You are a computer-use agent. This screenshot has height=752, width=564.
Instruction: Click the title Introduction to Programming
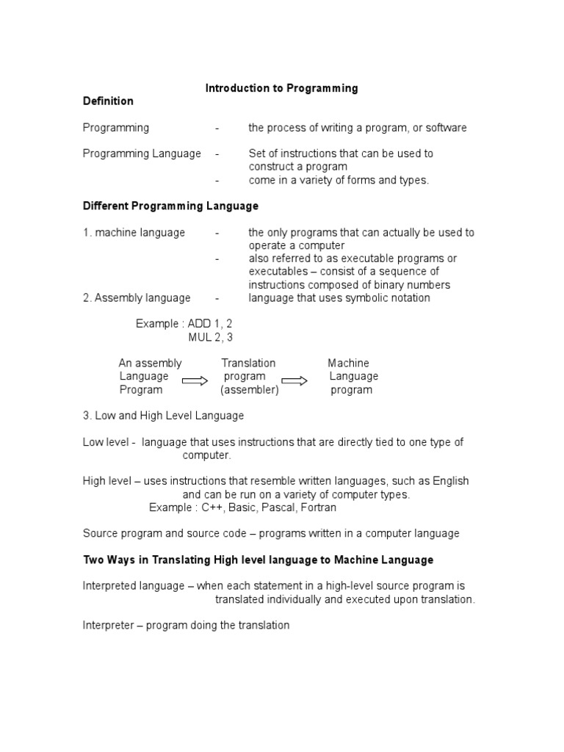(281, 88)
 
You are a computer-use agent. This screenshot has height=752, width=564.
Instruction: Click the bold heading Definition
(108, 101)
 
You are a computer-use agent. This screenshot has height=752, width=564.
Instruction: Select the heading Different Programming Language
(170, 206)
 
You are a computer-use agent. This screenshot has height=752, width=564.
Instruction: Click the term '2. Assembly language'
(137, 298)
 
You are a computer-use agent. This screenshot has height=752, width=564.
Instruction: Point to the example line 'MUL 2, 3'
(211, 337)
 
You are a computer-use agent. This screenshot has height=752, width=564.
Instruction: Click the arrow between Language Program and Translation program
(195, 380)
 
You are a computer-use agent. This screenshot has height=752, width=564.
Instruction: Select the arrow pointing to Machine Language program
(294, 380)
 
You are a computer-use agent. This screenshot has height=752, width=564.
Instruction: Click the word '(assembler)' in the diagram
(250, 390)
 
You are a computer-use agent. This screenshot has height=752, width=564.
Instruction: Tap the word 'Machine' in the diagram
(348, 364)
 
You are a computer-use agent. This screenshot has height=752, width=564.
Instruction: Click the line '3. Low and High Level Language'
(163, 416)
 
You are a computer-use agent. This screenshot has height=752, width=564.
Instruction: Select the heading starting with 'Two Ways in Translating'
(258, 560)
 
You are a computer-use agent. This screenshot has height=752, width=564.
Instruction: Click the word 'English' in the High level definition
(449, 481)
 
